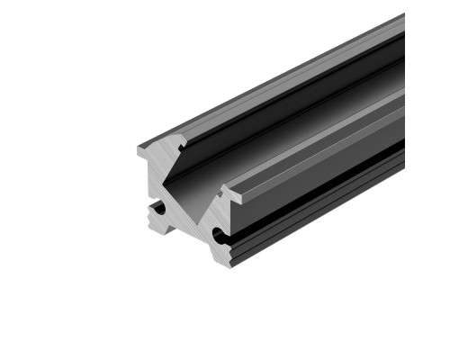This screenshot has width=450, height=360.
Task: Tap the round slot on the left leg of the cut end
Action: click(x=159, y=209)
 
